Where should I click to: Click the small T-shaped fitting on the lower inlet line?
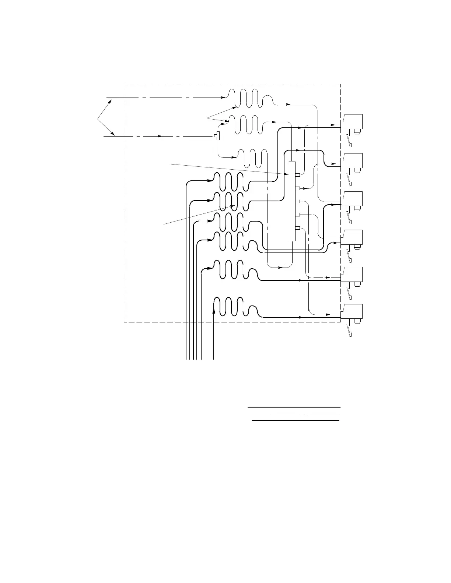point(217,136)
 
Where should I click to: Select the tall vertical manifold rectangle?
point(292,201)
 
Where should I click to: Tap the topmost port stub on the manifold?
point(297,175)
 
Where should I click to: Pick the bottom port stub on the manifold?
point(297,228)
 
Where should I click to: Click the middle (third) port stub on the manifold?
point(297,201)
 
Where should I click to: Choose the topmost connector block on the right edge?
point(352,121)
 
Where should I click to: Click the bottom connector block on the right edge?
point(352,311)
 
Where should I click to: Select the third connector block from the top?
point(352,199)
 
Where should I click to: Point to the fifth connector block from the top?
point(352,274)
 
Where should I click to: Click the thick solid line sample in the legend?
point(295,420)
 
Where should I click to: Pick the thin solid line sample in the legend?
point(294,408)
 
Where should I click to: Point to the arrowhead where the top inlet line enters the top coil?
point(223,98)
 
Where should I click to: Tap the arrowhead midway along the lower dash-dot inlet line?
point(160,136)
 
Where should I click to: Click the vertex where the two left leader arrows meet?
point(98,119)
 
